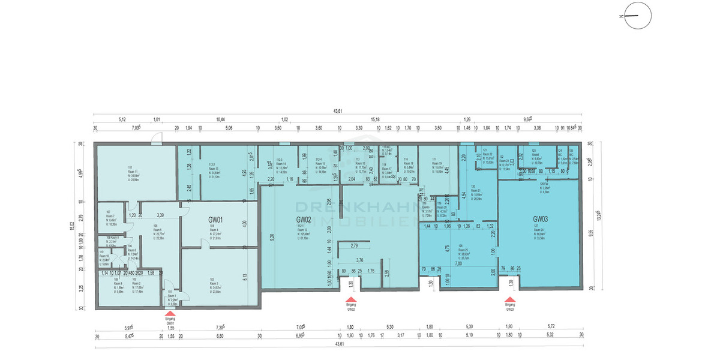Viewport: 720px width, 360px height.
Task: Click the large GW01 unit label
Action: (x=215, y=219)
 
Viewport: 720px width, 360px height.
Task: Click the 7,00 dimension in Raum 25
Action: (x=458, y=263)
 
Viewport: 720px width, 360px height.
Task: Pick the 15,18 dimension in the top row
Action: (x=376, y=119)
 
